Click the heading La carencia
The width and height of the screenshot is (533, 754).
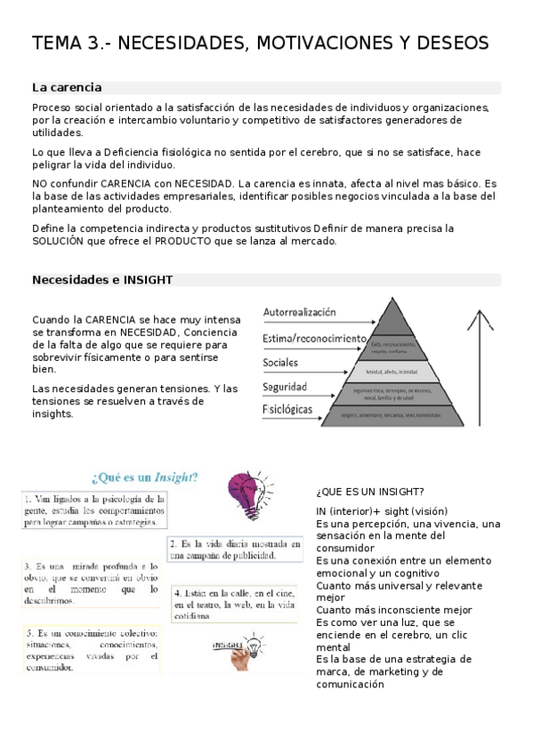pyautogui.click(x=67, y=87)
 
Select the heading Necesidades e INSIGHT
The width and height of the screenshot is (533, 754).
pyautogui.click(x=102, y=279)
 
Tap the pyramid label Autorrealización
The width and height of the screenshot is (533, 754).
pyautogui.click(x=300, y=313)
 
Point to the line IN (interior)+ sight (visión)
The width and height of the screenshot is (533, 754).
pyautogui.click(x=382, y=511)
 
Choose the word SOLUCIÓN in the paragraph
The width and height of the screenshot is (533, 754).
pyautogui.click(x=63, y=241)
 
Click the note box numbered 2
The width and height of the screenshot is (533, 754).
pyautogui.click(x=234, y=549)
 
